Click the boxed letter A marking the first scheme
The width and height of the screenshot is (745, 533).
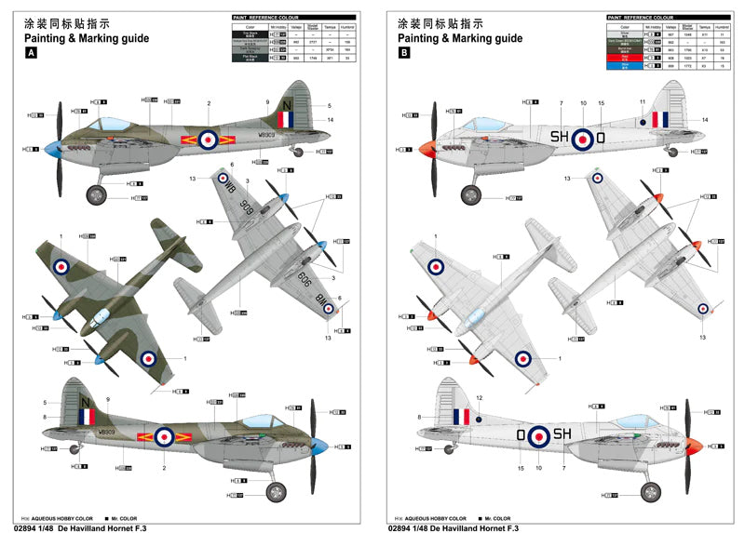31,54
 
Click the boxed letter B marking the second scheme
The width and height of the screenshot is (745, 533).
403,54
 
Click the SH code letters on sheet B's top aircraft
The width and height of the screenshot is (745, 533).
559,137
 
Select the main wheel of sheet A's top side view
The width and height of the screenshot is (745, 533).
97,195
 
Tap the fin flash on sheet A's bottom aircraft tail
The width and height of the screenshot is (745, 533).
88,416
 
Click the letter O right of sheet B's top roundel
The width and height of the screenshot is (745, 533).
601,137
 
